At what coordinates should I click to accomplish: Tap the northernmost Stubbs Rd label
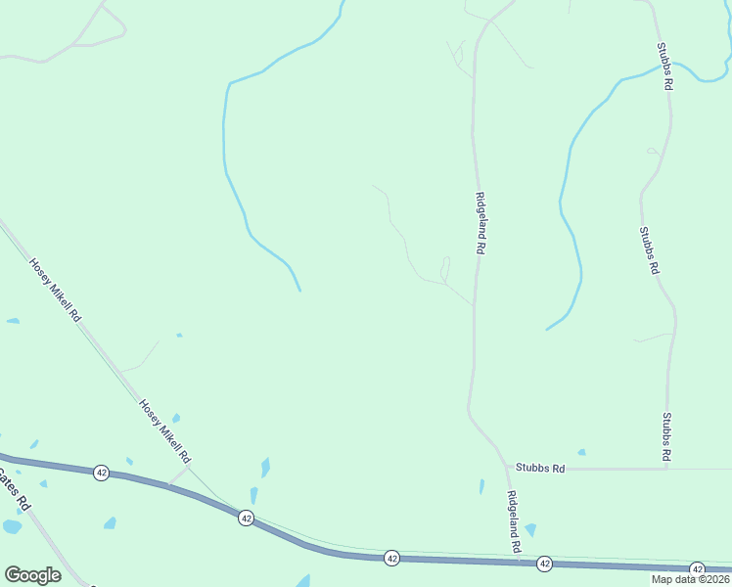pos(664,67)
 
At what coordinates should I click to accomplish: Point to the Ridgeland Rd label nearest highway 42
pos(513,523)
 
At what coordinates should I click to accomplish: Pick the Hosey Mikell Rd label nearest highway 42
pos(164,430)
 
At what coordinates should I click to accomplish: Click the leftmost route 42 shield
pos(101,473)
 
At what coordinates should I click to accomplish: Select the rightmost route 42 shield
pos(697,568)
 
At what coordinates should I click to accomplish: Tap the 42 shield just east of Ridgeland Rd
pos(544,564)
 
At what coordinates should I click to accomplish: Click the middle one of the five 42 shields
pos(391,557)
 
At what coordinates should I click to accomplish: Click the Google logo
pos(32,575)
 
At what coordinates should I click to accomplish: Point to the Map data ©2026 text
pos(689,579)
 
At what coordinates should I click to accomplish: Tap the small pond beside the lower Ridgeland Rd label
pos(529,530)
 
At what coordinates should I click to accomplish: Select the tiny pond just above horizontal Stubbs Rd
pos(581,452)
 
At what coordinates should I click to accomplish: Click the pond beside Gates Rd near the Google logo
pos(12,526)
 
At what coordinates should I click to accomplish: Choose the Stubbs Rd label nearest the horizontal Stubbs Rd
pos(666,436)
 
